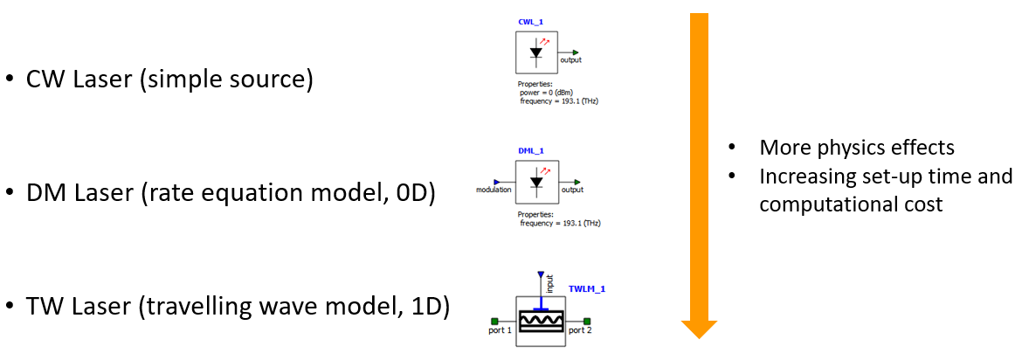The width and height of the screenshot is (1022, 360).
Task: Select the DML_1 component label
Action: click(x=529, y=149)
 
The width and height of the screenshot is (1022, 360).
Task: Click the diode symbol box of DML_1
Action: click(x=536, y=183)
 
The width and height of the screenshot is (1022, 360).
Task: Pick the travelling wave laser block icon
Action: click(x=541, y=321)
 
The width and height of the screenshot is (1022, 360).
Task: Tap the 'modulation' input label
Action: click(x=494, y=190)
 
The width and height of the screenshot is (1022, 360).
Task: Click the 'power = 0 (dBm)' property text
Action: click(x=547, y=93)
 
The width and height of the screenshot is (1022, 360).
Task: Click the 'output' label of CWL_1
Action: click(x=570, y=60)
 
